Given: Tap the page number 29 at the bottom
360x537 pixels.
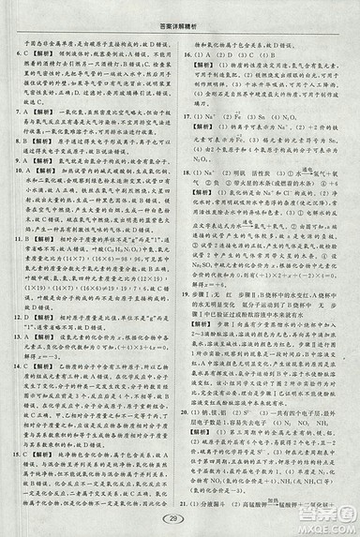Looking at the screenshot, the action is click(x=177, y=519).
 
